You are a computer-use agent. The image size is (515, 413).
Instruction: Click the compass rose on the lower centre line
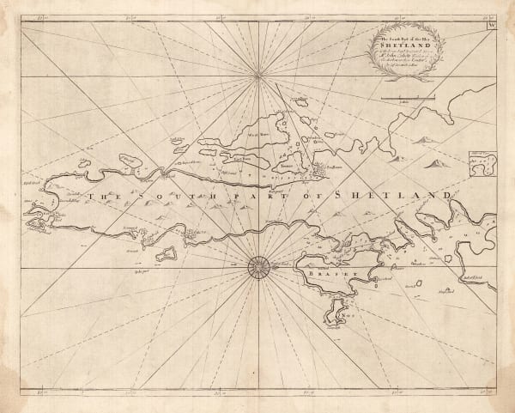[258, 268]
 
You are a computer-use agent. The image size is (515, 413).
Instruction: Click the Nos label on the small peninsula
[339, 315]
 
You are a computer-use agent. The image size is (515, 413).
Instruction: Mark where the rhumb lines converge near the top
[258, 76]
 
